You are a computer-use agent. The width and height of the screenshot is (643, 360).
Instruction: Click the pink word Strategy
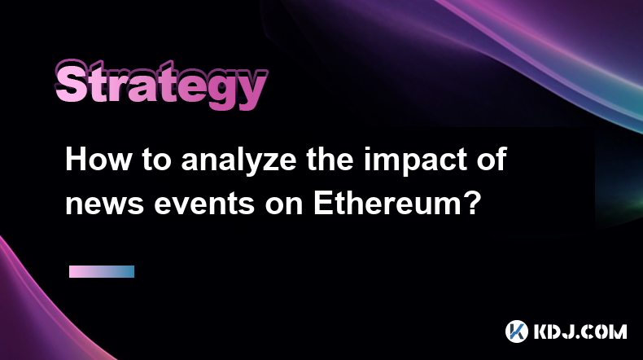click(x=161, y=85)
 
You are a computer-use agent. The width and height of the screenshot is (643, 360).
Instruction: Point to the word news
click(x=104, y=204)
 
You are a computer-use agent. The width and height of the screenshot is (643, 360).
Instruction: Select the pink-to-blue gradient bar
click(x=102, y=272)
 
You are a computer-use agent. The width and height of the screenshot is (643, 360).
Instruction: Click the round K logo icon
click(x=517, y=331)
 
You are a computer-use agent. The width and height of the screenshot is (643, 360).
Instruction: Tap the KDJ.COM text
click(x=580, y=331)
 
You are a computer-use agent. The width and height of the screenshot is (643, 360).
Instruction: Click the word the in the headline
click(x=330, y=160)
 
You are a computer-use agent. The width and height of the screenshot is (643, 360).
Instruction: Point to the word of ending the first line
click(x=492, y=160)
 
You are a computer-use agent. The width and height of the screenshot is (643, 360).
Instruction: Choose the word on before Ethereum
click(x=284, y=204)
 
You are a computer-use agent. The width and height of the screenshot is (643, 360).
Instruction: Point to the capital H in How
click(x=77, y=160)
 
